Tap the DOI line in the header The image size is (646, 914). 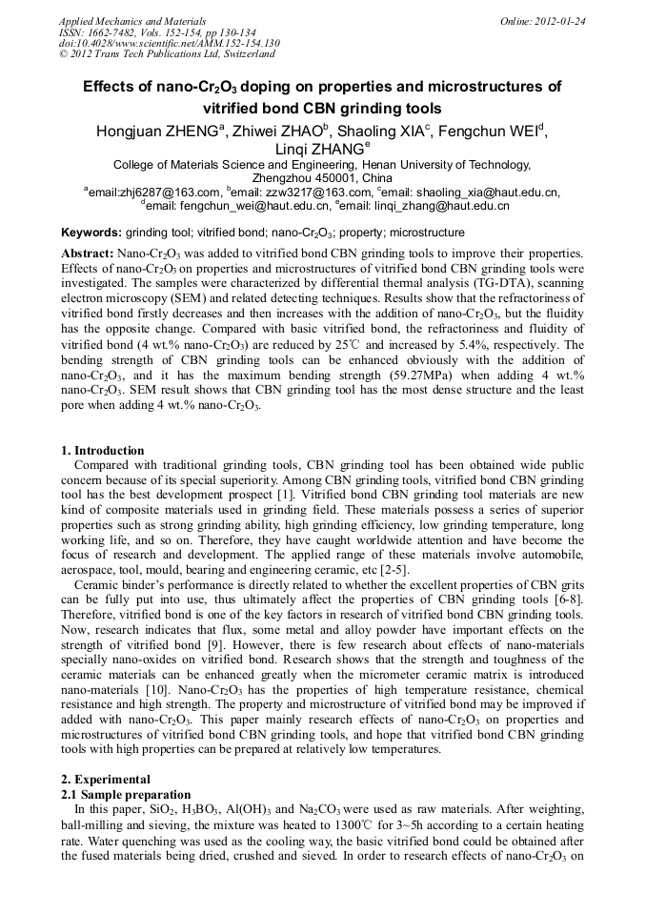tap(169, 42)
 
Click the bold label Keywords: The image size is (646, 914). tap(91, 233)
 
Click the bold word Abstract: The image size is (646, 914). tap(88, 254)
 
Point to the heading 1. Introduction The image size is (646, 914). tap(103, 451)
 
